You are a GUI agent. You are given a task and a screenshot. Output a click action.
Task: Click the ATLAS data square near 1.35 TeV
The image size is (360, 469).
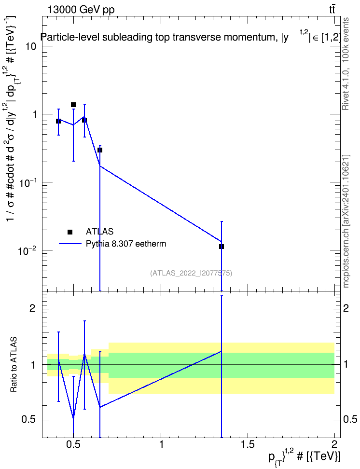[222, 247]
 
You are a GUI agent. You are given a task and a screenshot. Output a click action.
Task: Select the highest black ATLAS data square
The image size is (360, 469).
[73, 105]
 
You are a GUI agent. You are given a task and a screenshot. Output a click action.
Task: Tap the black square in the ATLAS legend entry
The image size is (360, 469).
[70, 232]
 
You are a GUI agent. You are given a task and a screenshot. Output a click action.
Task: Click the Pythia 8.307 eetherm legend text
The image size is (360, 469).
[126, 244]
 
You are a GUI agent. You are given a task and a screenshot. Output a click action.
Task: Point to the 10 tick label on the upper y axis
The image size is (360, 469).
[30, 46]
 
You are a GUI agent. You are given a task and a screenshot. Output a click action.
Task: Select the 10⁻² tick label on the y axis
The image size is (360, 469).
[26, 250]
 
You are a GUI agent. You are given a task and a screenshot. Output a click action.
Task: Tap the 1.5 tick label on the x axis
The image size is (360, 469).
[248, 444]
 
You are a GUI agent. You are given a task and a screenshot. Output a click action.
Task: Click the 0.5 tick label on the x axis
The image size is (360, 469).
[73, 444]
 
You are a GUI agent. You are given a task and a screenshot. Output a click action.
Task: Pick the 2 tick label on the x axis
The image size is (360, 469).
[334, 444]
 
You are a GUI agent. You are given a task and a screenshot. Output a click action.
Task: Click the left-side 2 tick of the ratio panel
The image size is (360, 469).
[33, 308]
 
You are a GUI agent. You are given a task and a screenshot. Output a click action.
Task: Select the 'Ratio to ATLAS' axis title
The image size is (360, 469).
[14, 365]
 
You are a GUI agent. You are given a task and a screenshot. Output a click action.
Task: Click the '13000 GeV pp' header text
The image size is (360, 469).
[81, 10]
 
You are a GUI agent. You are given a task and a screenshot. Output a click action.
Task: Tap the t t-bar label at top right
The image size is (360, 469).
[332, 9]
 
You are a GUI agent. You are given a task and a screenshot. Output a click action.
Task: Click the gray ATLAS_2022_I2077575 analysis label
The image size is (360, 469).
[191, 273]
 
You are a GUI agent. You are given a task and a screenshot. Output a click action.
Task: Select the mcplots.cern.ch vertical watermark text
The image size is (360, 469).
[346, 221]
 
